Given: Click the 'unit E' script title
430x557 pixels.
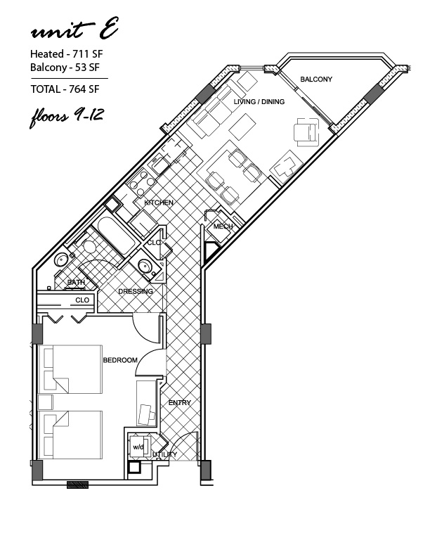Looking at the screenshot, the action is (x=74, y=29).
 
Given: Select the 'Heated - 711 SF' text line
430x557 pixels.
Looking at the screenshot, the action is (x=66, y=54).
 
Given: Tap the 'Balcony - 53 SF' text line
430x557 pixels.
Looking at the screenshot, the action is (x=65, y=67).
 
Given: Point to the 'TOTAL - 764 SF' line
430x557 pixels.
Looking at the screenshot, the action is (x=65, y=89).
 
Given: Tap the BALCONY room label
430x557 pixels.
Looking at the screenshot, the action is (x=316, y=79).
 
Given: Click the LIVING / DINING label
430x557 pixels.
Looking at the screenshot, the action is (x=259, y=101).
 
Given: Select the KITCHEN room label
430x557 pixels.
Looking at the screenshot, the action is (x=159, y=203).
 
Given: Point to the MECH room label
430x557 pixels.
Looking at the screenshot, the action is (x=223, y=226).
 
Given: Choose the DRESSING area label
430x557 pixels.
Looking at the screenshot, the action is (x=136, y=291).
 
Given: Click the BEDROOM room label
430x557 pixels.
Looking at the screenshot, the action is (x=120, y=360).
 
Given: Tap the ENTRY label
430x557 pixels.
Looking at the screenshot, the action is (x=180, y=403).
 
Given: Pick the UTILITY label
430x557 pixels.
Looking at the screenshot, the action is (x=164, y=455).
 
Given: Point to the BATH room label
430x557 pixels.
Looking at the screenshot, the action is (x=76, y=283).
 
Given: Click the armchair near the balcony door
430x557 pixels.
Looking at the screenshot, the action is (x=306, y=132).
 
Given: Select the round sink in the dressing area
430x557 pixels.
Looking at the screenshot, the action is (x=145, y=265).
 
